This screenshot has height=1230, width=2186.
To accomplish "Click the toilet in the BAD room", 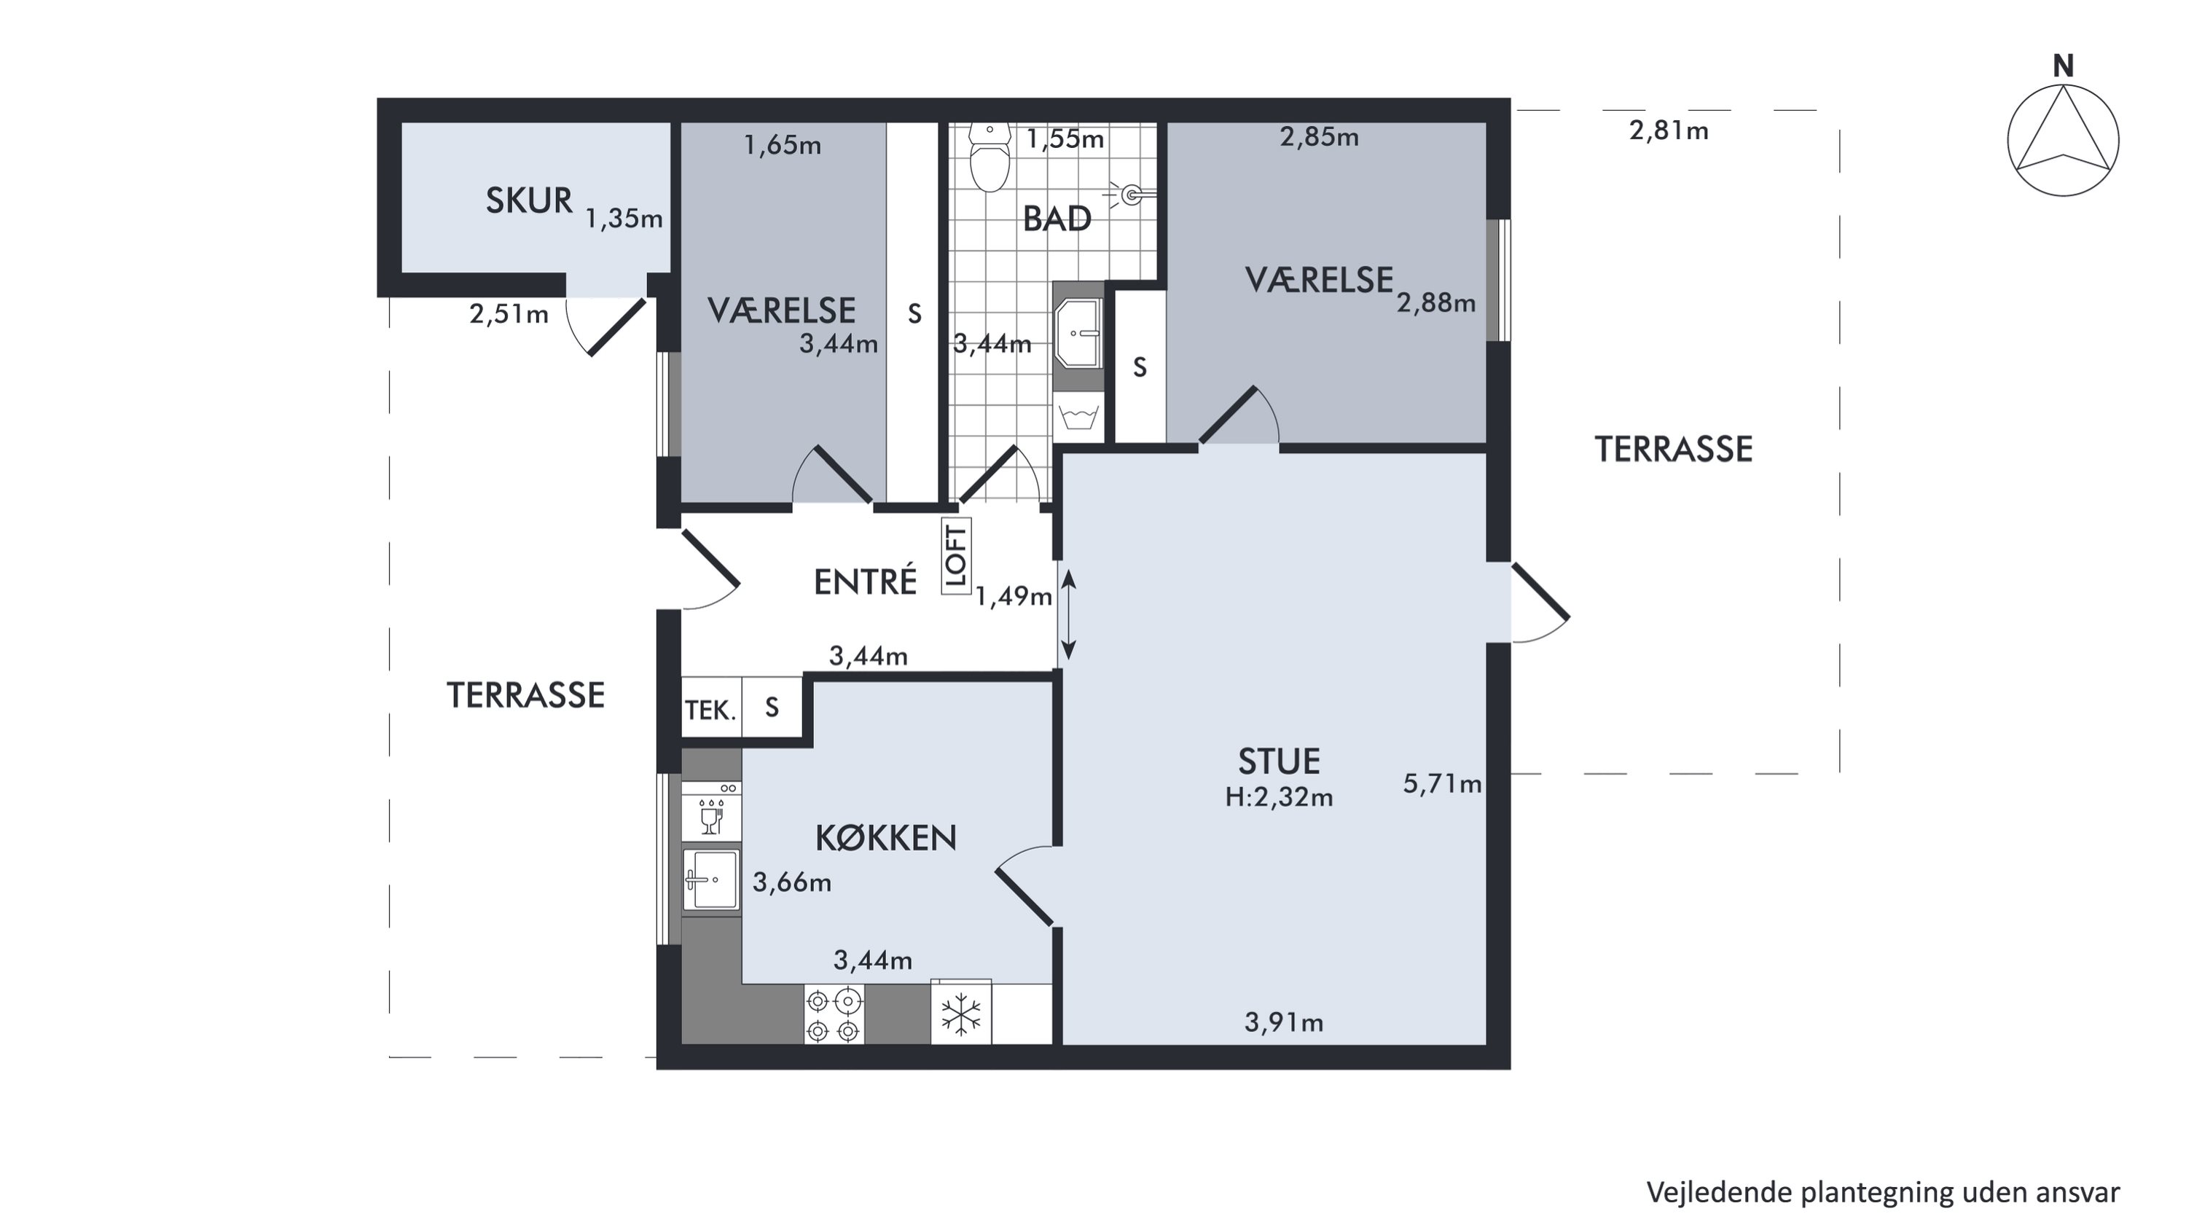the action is click(x=990, y=157).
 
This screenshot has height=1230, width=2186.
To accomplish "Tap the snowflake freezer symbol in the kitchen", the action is click(x=960, y=1013).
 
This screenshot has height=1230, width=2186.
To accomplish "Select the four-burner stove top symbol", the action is click(x=834, y=1014).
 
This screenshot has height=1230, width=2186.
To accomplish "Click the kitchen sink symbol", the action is click(x=711, y=880).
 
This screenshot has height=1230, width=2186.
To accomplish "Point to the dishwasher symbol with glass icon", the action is click(x=711, y=812).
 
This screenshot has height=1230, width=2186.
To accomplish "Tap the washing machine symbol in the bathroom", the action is click(x=1078, y=417).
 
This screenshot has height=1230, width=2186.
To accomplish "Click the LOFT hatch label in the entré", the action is click(x=956, y=556).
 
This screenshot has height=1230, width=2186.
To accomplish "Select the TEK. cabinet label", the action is click(x=711, y=710).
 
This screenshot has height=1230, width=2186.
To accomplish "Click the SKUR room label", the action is click(x=529, y=200).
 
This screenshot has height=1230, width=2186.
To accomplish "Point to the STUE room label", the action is click(x=1279, y=761).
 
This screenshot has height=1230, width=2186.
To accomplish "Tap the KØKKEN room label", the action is click(x=886, y=838).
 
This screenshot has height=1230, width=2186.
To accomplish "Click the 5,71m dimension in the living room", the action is click(x=1442, y=783).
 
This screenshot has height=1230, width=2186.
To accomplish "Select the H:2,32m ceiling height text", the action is click(x=1279, y=797).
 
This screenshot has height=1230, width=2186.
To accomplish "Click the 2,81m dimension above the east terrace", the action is click(x=1669, y=130).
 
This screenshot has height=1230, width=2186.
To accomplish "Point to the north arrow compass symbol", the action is click(x=2063, y=140).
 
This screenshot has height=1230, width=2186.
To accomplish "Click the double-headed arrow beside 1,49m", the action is click(x=1068, y=614).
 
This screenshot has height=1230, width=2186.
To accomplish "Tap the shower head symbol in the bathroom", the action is click(x=1134, y=195).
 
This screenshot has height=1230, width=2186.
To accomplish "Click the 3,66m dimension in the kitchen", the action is click(x=792, y=883).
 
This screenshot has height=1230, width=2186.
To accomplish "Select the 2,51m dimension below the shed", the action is click(x=509, y=314).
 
